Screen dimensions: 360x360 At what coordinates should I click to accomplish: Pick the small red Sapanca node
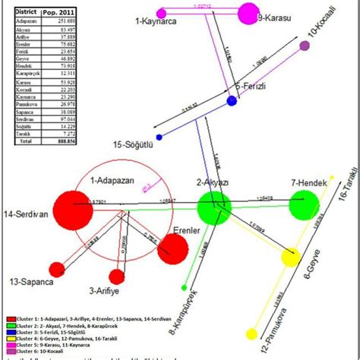click(x=57, y=268)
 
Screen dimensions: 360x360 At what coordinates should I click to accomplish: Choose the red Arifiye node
click(x=116, y=276)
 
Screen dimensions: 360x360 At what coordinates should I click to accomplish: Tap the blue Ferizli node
click(x=232, y=100)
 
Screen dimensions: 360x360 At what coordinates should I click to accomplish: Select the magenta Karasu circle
click(x=248, y=14)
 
